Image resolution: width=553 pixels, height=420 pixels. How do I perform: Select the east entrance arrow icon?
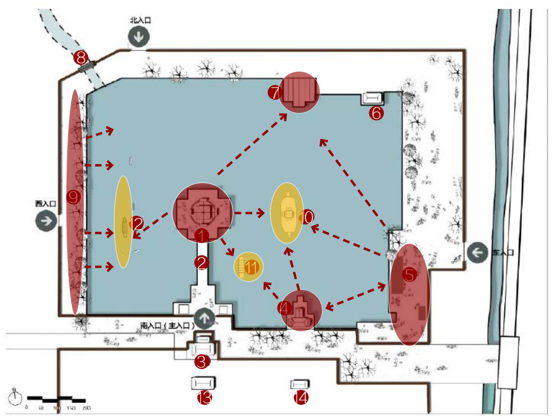pos(478,253)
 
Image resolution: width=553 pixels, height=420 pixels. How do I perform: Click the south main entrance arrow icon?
pos(205,318)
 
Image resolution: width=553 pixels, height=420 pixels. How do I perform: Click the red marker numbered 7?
pos(274,93)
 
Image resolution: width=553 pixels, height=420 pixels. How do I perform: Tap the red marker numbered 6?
pos(376,114)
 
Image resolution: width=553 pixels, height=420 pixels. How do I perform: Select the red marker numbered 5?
pos(409,275)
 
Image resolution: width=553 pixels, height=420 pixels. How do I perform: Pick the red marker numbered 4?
pos(285,308)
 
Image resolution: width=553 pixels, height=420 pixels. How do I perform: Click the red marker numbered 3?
pos(202,362)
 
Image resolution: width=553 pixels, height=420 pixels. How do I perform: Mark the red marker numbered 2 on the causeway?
pos(202,263)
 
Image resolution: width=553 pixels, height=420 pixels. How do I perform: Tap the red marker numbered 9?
pos(74,197)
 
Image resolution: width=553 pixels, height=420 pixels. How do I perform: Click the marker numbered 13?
pos(205,398)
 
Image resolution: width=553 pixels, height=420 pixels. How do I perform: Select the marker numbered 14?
pos(301,398)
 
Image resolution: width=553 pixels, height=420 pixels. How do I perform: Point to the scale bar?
pos(56,399)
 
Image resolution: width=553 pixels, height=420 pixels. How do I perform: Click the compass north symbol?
pos(16,397)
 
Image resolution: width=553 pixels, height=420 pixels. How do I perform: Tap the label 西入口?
pos(45,204)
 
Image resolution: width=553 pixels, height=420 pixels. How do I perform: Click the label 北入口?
pos(140,20)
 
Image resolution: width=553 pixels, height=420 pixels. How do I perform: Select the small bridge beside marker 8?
pos(86,66)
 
